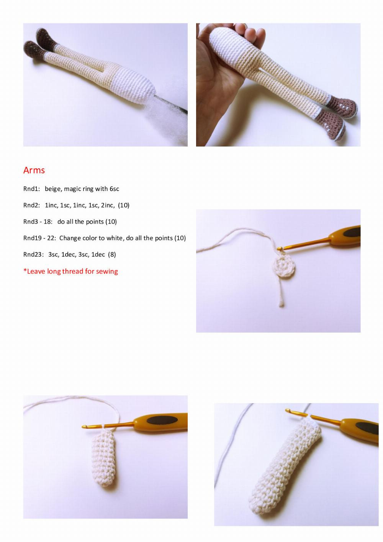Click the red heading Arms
coord(34,170)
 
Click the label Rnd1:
coord(31,189)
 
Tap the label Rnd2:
coord(31,205)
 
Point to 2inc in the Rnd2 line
coord(108,206)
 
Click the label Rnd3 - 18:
coord(38,222)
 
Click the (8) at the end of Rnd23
coord(112,255)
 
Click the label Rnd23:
coord(33,255)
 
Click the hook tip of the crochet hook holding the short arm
coord(84,427)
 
